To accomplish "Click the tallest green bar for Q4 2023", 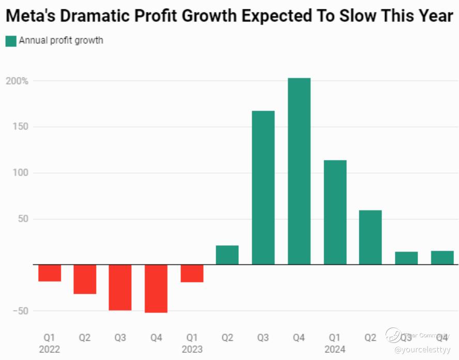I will (299, 171).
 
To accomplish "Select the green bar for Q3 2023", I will (263, 187).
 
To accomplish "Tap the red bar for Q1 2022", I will (50, 273).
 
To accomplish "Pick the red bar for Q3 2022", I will (120, 287).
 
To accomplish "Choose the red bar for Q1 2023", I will (192, 273).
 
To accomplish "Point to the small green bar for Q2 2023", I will (227, 255).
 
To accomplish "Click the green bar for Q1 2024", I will (335, 212).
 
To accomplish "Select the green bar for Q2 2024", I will (371, 237).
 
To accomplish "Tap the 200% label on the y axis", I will (18, 81).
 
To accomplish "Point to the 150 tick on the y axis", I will (20, 127).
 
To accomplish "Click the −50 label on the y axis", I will (18, 311).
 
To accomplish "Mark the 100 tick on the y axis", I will (20, 173).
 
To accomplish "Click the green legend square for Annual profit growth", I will (11, 41).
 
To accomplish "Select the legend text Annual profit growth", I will (61, 40).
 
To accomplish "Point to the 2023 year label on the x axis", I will (192, 349).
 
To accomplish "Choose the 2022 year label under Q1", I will (50, 349).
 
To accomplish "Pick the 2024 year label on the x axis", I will (335, 349).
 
